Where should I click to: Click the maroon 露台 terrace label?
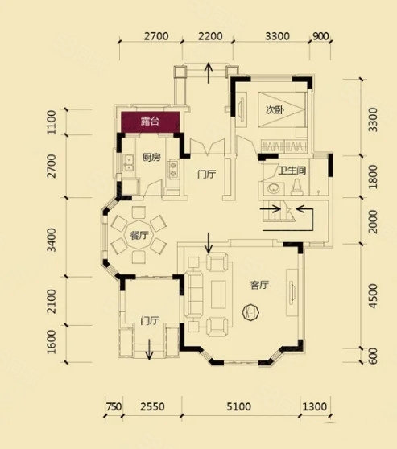coord(150,122)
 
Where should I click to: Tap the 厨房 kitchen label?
coord(151,157)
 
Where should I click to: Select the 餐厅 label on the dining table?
coord(139,236)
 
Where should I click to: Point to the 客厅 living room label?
coord(259,285)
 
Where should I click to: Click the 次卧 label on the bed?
coord(275,109)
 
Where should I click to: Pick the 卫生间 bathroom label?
coord(292,171)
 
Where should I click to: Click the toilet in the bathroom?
coord(297,187)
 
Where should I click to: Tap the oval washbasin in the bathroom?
coord(274,189)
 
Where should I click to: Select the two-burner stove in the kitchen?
coord(173,169)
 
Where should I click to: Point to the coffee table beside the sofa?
coord(218,295)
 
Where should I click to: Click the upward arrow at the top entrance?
coord(209,73)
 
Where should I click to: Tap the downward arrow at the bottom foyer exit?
coord(149,349)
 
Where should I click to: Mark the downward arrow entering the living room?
coord(209,243)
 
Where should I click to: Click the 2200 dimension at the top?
coord(210,36)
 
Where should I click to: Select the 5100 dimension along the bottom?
coord(239,406)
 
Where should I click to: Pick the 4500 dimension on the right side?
coord(373,296)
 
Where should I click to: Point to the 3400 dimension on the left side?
coord(52,240)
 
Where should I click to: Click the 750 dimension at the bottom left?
coord(114,406)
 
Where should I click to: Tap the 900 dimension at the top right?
coord(320,36)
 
